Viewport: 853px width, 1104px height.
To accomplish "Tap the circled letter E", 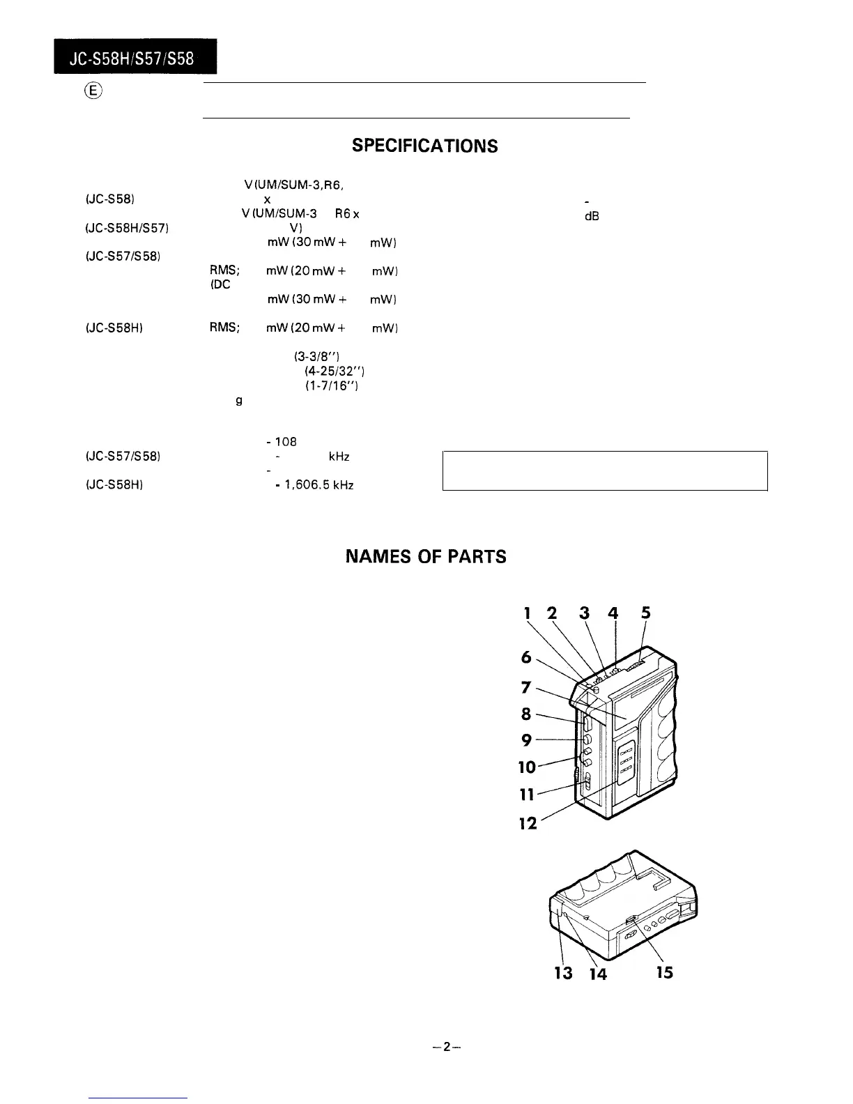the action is click(95, 91).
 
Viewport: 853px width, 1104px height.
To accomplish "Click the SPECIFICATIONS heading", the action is click(424, 146).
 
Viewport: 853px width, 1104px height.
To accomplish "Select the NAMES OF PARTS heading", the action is click(426, 557).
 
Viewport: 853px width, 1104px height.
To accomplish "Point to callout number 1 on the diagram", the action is click(528, 613).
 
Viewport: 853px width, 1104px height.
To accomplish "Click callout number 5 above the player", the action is click(646, 613).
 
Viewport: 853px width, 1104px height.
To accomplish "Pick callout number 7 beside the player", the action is click(527, 688).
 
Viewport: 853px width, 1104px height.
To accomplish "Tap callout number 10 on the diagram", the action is click(528, 767).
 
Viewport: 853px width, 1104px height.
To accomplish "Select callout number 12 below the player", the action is click(528, 823).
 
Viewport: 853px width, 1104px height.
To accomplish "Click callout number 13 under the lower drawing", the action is click(563, 972).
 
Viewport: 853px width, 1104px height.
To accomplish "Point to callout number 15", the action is click(665, 972).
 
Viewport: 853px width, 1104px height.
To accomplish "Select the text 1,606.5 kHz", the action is click(319, 485).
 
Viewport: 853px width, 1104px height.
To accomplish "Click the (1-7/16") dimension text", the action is click(332, 385).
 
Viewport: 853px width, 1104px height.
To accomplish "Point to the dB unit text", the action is click(592, 216).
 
